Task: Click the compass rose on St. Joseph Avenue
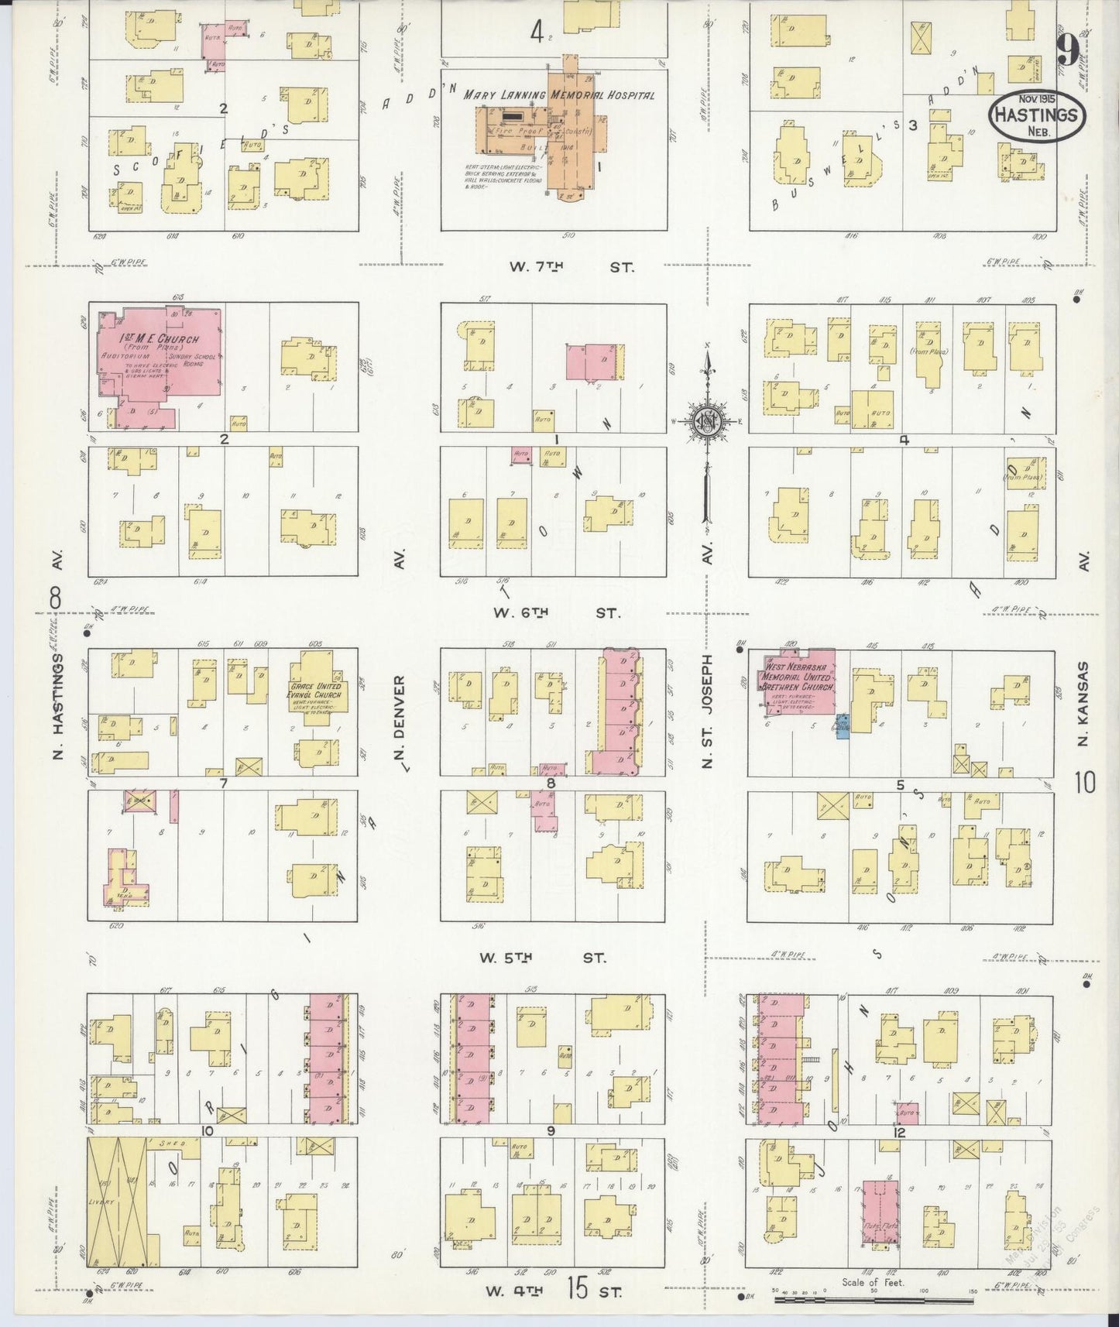click(x=707, y=421)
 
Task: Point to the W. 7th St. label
click(x=569, y=268)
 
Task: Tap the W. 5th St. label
click(x=542, y=958)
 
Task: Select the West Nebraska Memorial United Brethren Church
click(x=798, y=685)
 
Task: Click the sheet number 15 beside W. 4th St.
click(x=578, y=1290)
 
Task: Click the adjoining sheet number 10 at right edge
click(x=1084, y=784)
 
